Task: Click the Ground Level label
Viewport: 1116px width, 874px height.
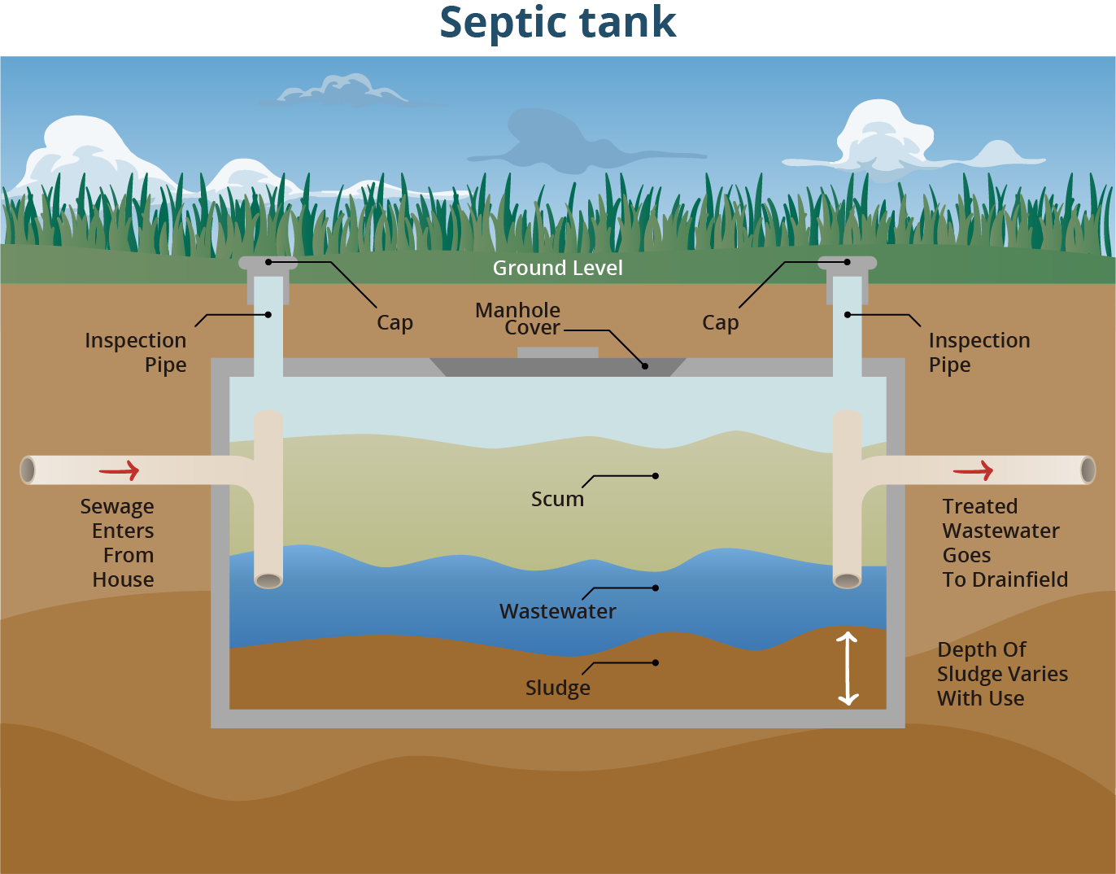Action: (x=557, y=268)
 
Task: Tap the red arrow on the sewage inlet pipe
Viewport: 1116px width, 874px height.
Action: (x=120, y=470)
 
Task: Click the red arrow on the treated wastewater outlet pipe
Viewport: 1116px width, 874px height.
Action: (x=973, y=470)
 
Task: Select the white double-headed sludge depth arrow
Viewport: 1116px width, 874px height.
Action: (x=848, y=668)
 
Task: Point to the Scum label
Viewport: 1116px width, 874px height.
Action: (x=557, y=499)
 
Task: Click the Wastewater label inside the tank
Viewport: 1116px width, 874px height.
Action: (x=557, y=611)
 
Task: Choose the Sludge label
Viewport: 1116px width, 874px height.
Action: (x=557, y=688)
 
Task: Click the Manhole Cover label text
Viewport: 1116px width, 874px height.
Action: (x=518, y=319)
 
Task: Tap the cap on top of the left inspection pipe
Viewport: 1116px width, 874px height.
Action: (x=268, y=263)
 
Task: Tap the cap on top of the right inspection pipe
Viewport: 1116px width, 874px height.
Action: (x=847, y=263)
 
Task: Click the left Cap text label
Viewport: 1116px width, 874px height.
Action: (x=395, y=323)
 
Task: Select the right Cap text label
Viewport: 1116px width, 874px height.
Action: (x=720, y=323)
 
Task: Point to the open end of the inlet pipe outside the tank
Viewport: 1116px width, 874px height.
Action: (x=28, y=470)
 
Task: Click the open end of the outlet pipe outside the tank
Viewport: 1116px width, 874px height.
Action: (x=1088, y=470)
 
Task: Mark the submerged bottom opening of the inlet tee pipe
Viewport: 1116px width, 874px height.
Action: (x=268, y=580)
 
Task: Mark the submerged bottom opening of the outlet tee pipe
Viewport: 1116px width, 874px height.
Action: (x=847, y=580)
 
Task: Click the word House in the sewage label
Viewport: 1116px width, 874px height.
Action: (x=123, y=579)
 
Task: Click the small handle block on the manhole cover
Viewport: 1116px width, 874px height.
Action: (x=557, y=352)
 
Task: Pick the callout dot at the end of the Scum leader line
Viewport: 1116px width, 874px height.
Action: (x=656, y=476)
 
